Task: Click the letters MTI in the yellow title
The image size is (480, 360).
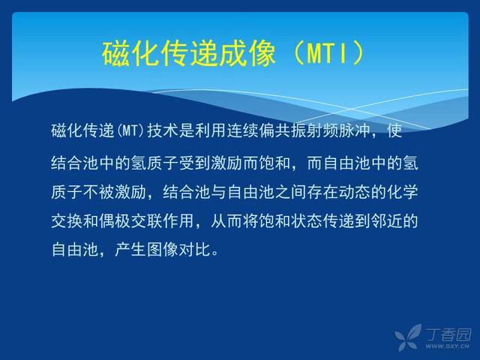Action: pos(328,53)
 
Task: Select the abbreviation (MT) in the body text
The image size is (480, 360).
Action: pos(130,131)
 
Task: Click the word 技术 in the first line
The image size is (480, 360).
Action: pos(163,131)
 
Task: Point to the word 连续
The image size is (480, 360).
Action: pos(243,131)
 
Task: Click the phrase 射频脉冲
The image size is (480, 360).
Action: pos(337,131)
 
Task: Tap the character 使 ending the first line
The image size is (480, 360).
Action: pos(394,131)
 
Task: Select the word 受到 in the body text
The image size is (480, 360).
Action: pos(195,163)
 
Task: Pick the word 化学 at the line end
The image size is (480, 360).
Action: pos(403,192)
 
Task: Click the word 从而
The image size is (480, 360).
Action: pos(226,220)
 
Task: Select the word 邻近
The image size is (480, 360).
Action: pos(386,220)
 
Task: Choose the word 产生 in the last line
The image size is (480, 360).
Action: pos(130,250)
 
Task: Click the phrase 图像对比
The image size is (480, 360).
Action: pos(178,250)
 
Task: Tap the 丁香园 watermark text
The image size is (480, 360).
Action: pos(448,334)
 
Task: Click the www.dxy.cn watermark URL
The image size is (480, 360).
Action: pos(447,346)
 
